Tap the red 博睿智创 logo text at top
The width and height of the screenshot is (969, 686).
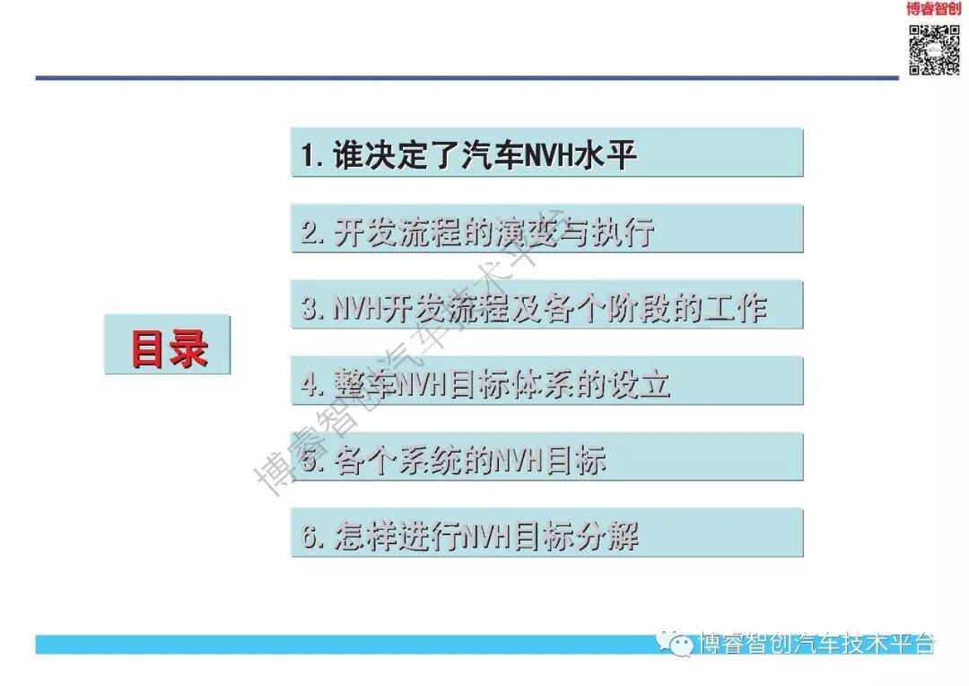[933, 9]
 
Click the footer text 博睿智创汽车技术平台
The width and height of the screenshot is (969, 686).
[816, 643]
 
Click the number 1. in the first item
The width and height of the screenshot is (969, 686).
[312, 155]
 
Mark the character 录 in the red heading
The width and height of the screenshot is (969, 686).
[188, 347]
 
